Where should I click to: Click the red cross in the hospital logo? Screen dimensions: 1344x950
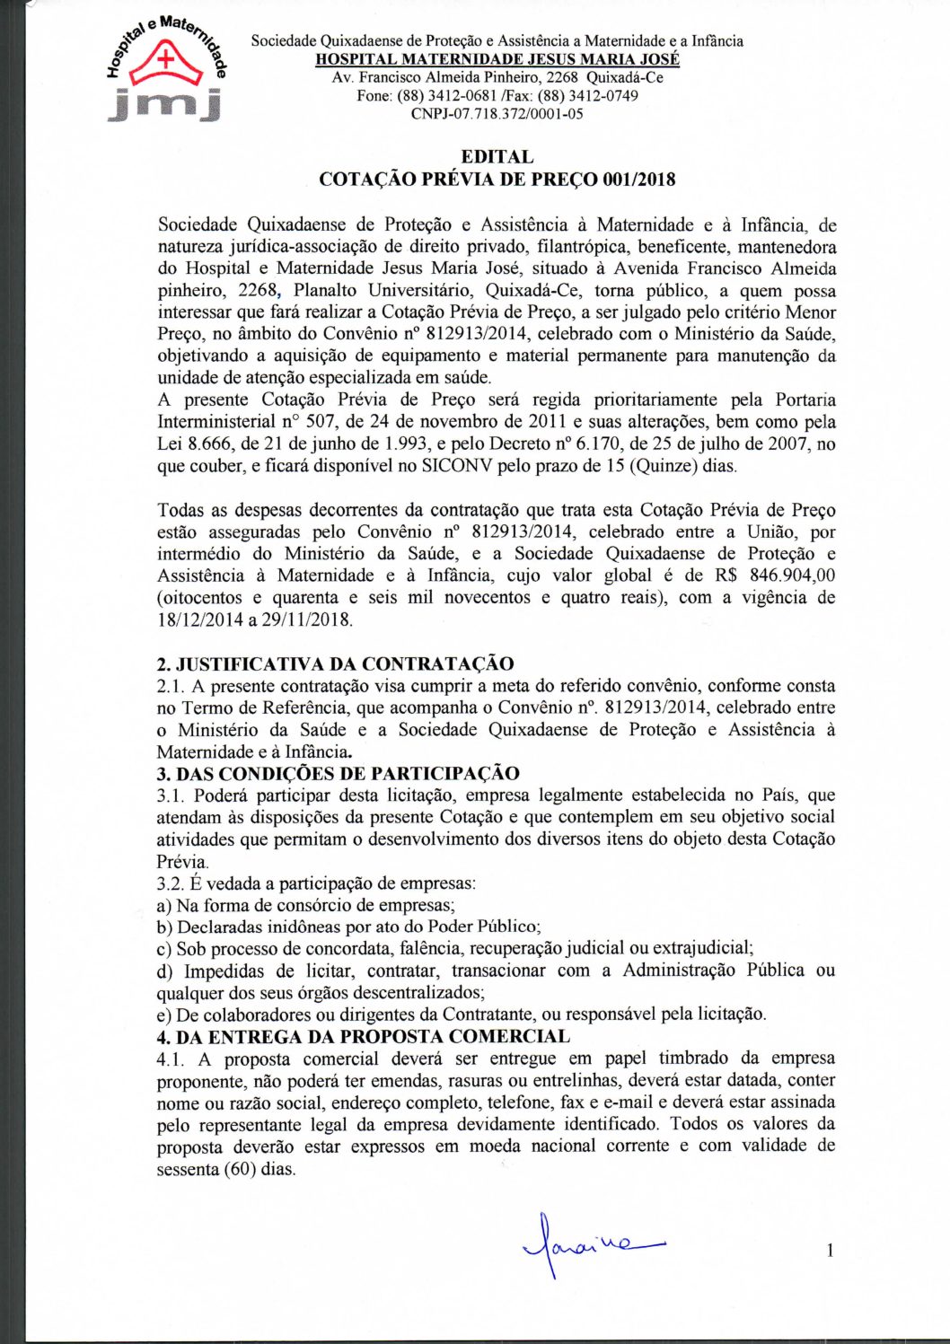[165, 60]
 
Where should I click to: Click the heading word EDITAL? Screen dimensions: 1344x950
[497, 158]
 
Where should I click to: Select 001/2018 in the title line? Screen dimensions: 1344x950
[638, 180]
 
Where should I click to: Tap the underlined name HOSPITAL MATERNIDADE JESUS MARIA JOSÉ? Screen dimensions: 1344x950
[497, 59]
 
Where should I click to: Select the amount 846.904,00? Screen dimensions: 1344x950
[791, 575]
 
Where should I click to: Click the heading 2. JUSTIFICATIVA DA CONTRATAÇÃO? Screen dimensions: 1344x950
[335, 664]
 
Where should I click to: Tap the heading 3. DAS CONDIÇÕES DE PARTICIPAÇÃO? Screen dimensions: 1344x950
[338, 774]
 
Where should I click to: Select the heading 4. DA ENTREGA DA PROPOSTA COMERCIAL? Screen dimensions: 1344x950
[363, 1037]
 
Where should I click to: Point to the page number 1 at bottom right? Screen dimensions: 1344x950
[831, 1250]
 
